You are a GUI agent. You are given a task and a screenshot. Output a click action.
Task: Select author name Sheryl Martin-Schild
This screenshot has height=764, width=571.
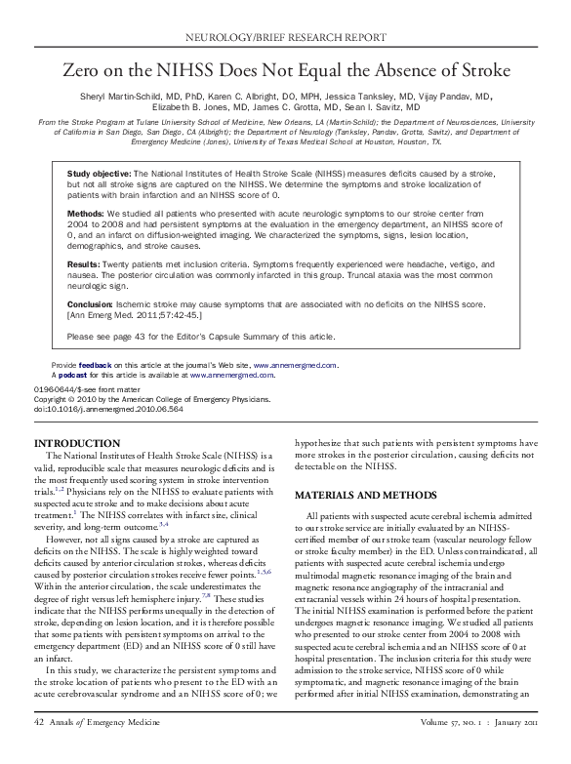[132, 98]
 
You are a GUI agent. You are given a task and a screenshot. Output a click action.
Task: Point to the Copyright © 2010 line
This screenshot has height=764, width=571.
[130, 399]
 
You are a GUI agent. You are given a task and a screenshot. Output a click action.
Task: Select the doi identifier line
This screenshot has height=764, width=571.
[95, 408]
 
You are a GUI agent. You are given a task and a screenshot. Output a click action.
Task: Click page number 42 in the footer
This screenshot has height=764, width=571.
[38, 747]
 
